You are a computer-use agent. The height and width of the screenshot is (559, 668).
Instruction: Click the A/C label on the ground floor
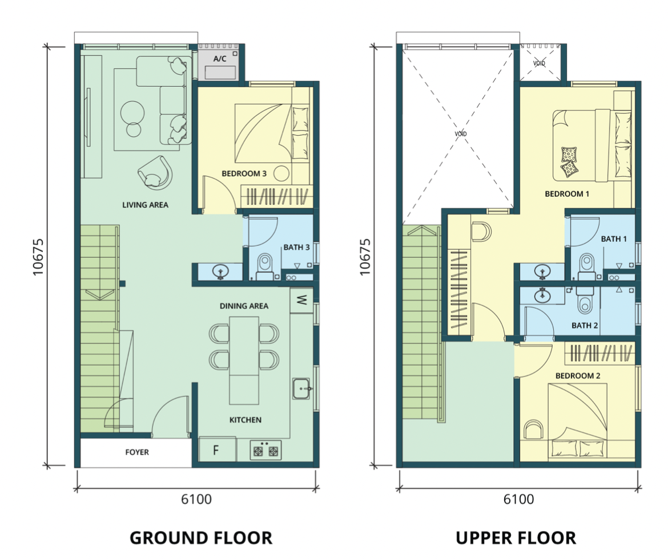pos(220,59)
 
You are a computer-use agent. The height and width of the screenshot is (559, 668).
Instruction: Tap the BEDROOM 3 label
pos(244,174)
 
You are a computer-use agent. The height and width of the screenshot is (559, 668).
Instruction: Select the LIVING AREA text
pos(145,205)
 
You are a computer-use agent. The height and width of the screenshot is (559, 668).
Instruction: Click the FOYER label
pos(137,452)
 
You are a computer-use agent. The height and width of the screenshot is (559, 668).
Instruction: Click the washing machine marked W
pos(301,300)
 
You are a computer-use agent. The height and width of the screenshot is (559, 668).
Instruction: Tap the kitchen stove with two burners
pos(265,450)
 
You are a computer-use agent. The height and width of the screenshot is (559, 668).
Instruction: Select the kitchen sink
pos(302,388)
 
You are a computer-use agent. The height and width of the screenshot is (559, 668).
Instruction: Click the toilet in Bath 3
pos(265,267)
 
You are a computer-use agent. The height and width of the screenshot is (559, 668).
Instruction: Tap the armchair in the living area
pos(155,172)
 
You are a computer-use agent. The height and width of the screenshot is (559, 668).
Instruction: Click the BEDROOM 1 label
pos(567,194)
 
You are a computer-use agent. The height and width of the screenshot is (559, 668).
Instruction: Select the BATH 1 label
pos(614,239)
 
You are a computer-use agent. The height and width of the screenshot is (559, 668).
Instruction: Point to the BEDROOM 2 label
pos(578,376)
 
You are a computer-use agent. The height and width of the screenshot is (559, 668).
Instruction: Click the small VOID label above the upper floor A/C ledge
pos(539,63)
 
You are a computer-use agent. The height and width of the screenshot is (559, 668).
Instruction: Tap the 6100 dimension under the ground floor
pos(196,499)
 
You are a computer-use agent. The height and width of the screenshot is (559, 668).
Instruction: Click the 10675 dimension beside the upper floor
pos(365,257)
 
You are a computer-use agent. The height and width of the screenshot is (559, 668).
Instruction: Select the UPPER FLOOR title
pos(516,538)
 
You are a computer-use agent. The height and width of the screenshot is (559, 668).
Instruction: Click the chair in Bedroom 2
pos(533,429)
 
